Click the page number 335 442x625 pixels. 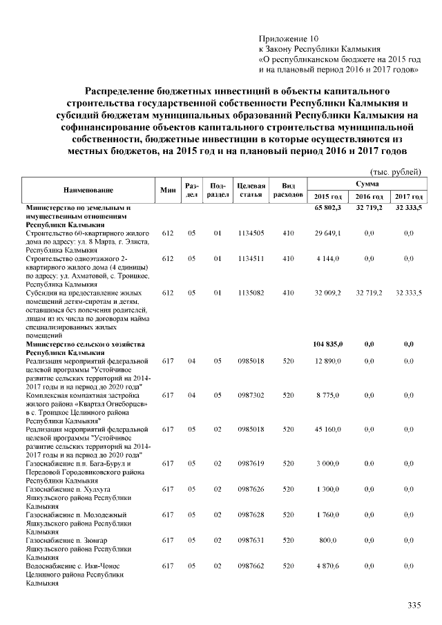pyautogui.click(x=414, y=606)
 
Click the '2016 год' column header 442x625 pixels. pyautogui.click(x=369, y=198)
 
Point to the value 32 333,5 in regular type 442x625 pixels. pyautogui.click(x=408, y=294)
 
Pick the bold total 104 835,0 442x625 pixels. pyautogui.click(x=329, y=343)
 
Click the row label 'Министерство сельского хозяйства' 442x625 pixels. pyautogui.click(x=85, y=343)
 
